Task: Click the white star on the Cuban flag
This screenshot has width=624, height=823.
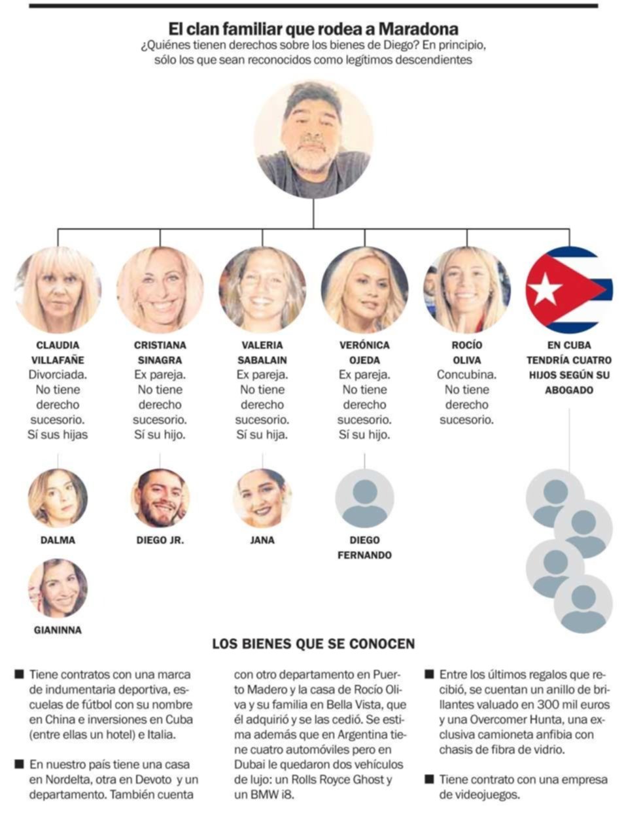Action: (544, 289)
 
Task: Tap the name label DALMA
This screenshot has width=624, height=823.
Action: (58, 540)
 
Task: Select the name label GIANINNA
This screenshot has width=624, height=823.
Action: (58, 630)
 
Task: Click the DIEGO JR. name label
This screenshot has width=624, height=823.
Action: (160, 540)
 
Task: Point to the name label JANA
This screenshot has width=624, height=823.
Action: (262, 540)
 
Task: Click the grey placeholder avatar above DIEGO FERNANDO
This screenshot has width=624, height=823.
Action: (365, 498)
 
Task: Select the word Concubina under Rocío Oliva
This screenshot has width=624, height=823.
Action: (466, 375)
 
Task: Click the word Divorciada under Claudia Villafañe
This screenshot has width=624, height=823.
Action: (58, 375)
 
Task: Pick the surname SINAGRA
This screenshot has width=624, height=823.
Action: (160, 360)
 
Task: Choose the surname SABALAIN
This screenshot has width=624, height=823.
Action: (262, 360)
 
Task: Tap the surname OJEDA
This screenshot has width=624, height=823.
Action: (365, 360)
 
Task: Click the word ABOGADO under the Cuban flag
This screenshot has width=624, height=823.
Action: (569, 390)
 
